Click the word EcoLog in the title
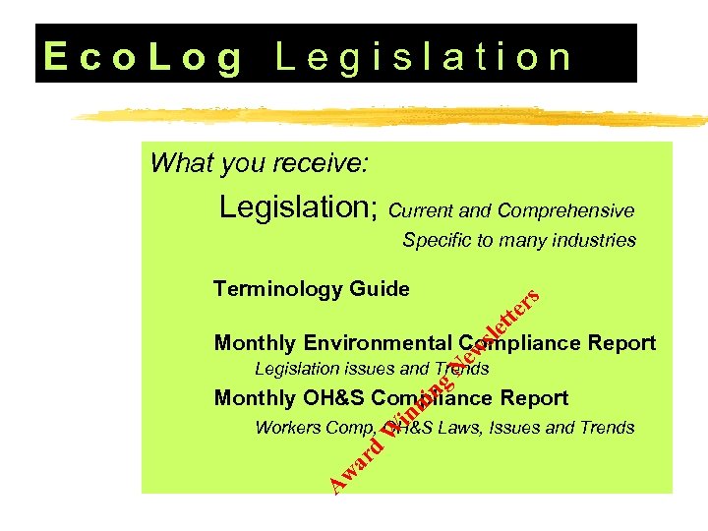144,57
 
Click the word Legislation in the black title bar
423,57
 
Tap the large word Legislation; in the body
300,207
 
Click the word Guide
379,289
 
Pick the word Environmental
379,343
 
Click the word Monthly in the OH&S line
255,398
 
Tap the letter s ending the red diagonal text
531,294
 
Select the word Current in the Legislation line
421,211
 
